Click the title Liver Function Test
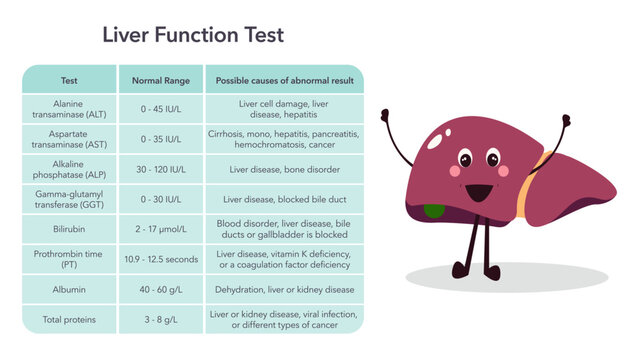193,35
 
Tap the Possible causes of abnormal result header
284,80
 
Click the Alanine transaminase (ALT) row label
69,109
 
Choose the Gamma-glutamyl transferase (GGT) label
69,199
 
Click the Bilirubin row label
69,229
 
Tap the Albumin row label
69,289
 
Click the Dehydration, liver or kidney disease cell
284,289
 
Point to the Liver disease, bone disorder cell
284,169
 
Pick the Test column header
69,80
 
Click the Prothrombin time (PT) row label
69,259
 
